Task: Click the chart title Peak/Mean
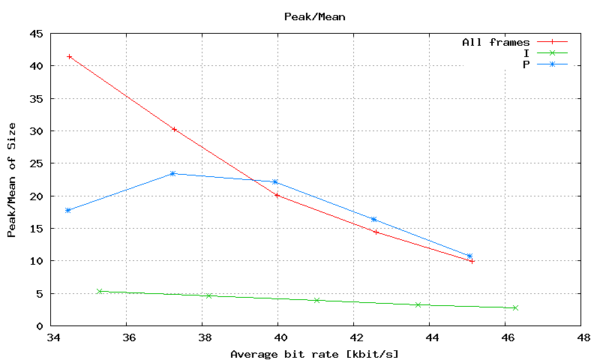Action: [x=314, y=16]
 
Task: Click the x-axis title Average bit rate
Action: [x=314, y=353]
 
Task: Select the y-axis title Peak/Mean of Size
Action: [x=11, y=179]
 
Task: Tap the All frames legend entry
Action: [x=496, y=42]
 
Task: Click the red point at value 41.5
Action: [x=70, y=56]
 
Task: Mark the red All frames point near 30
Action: [x=174, y=129]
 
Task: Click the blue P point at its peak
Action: [x=172, y=173]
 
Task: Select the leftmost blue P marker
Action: [x=68, y=210]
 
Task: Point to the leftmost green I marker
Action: [x=100, y=291]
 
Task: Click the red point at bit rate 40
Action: [x=277, y=195]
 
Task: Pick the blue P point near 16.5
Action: [x=373, y=219]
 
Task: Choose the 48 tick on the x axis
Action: [x=580, y=338]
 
